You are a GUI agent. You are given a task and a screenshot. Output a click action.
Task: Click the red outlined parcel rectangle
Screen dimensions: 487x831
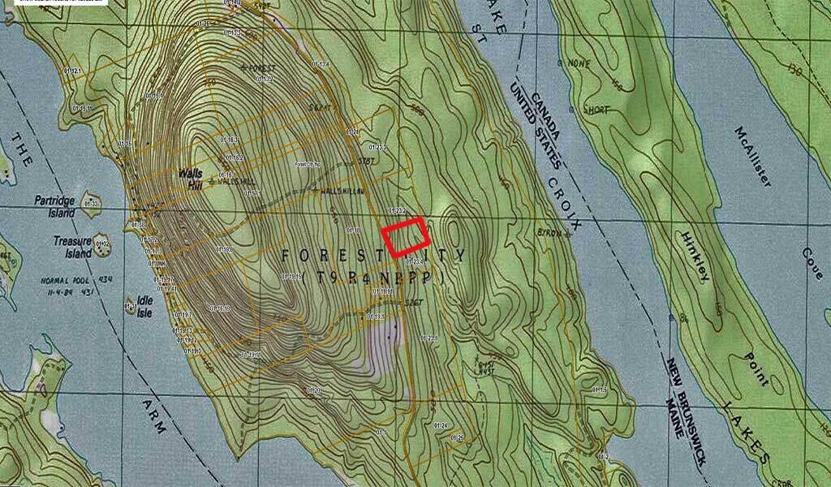pyautogui.click(x=406, y=238)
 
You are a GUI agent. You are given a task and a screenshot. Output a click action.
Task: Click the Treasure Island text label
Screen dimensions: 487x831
pyautogui.click(x=72, y=247)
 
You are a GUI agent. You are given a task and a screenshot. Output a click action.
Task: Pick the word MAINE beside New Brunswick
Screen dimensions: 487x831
pyautogui.click(x=675, y=416)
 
